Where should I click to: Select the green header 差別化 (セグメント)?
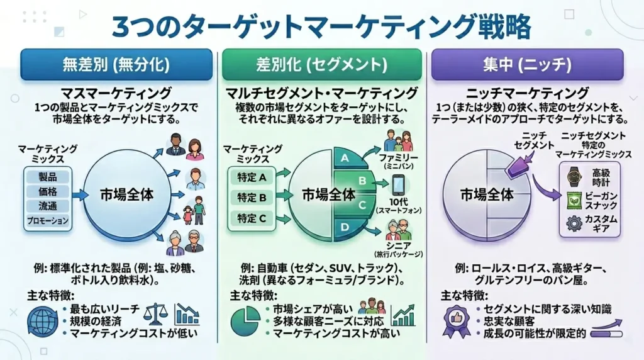[321, 64]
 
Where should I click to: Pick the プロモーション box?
[47, 222]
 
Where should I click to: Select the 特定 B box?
[250, 197]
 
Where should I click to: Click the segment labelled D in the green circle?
[345, 227]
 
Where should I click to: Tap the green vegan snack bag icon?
[573, 200]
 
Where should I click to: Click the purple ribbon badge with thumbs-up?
[456, 320]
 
